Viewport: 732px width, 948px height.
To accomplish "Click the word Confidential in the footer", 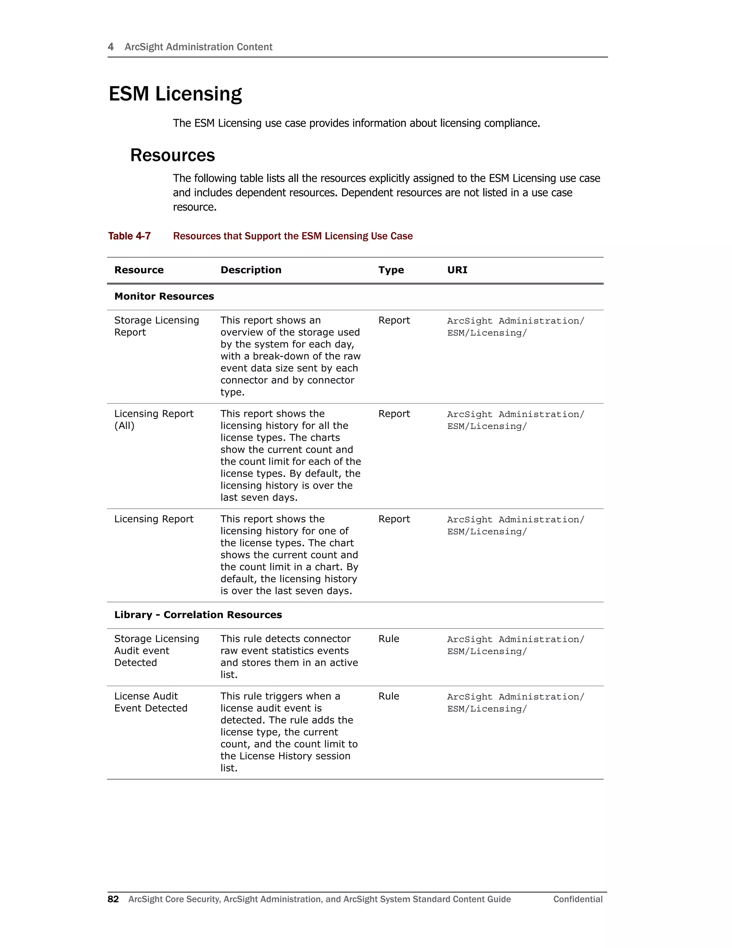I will click(x=578, y=899).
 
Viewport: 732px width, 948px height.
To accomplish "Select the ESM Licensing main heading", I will click(x=175, y=94).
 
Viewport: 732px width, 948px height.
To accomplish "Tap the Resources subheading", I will click(x=172, y=155).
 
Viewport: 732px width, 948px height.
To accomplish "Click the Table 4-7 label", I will click(x=129, y=236).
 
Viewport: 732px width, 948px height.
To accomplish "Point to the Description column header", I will click(x=251, y=270).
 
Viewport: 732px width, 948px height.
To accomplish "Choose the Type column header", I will click(x=391, y=270).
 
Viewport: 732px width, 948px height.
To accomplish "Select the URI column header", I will click(x=457, y=270).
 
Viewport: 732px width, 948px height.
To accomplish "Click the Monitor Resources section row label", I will click(x=164, y=297).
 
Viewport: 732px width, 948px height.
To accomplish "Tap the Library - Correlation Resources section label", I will click(x=198, y=615).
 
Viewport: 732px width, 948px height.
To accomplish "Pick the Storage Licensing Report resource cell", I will click(x=156, y=326).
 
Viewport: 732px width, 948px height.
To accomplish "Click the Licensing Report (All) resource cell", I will click(x=153, y=419).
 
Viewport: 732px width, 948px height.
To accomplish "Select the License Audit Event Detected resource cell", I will click(x=150, y=702).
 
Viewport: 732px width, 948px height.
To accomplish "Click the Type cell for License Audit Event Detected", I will click(x=389, y=696).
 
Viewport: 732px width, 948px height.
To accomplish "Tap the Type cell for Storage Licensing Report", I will click(x=394, y=320).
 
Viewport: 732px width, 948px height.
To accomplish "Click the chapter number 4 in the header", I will click(x=110, y=47).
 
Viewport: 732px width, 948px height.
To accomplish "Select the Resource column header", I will click(x=139, y=270).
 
